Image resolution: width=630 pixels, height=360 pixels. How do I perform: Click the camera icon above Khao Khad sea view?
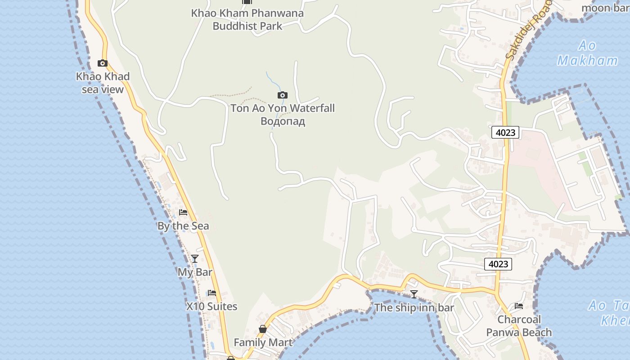[103, 63]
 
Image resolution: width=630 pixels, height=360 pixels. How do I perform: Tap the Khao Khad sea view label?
[103, 83]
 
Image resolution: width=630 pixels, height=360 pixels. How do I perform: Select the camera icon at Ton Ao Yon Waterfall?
[282, 95]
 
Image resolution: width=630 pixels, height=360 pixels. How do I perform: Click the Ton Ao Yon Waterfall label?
[283, 108]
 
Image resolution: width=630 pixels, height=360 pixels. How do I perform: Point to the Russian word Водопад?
[283, 121]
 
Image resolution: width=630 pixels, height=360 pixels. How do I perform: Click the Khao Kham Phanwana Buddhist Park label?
[247, 19]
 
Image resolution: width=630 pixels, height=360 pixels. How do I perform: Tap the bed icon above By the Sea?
[183, 212]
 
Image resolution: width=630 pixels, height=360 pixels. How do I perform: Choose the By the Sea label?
[183, 226]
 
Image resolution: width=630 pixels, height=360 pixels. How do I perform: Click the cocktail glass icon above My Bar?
[195, 259]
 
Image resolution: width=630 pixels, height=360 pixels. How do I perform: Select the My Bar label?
[195, 272]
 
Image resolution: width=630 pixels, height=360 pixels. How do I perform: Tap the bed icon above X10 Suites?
[212, 293]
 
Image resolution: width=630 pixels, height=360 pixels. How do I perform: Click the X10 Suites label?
[211, 306]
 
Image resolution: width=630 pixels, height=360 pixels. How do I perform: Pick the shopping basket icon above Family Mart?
[263, 329]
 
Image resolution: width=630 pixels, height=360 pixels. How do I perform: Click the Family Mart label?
[263, 342]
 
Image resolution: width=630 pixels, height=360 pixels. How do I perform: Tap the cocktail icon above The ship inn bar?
[414, 294]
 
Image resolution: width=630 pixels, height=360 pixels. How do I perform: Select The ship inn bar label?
[414, 308]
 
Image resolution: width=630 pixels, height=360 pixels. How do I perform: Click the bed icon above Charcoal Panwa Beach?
[519, 306]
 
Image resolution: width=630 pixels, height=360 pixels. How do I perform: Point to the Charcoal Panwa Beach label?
[519, 326]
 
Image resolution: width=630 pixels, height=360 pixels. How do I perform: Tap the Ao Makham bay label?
[587, 53]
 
